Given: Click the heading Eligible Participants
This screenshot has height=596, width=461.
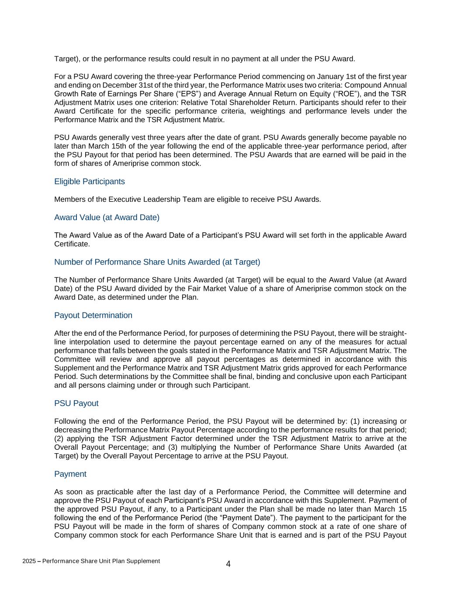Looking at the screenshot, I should (89, 182).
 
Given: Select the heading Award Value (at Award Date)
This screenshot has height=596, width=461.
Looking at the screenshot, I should (107, 217).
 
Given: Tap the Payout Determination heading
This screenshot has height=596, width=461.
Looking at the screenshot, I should (93, 315).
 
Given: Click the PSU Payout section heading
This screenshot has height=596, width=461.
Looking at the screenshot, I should (76, 403).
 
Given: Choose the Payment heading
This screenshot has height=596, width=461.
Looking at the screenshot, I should (70, 474).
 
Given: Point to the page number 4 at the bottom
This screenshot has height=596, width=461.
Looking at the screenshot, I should (228, 564).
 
